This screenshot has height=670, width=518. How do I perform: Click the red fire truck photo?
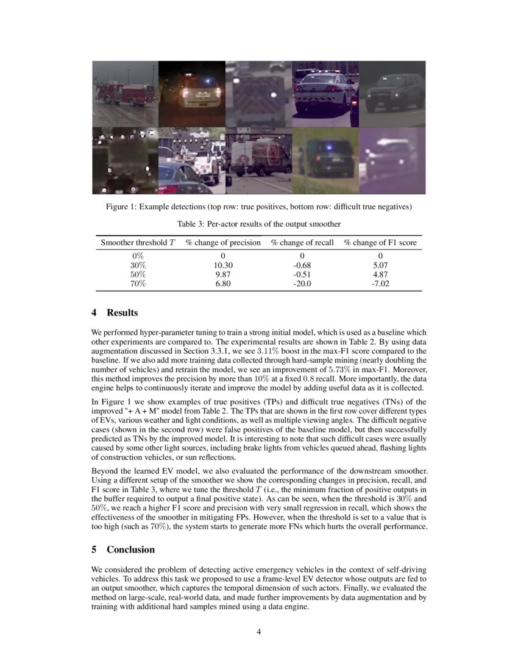click(x=125, y=93)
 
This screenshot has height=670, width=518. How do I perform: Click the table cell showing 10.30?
click(x=223, y=266)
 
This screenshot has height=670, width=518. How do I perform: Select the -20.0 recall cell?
click(x=302, y=283)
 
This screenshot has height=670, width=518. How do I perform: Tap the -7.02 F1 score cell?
click(x=380, y=283)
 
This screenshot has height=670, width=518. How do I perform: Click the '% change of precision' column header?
click(x=223, y=242)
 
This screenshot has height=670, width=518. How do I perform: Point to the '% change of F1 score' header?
click(x=380, y=242)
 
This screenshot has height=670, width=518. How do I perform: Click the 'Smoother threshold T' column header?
click(x=138, y=242)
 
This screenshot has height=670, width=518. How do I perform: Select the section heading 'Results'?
click(x=122, y=312)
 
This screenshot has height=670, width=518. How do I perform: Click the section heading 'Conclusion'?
click(x=130, y=549)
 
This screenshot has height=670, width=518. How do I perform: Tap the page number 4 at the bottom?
click(x=259, y=631)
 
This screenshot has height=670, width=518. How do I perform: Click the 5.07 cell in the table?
click(x=380, y=266)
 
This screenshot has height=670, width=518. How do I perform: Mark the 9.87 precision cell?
click(x=223, y=275)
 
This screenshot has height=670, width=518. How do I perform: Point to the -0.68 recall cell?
click(x=302, y=266)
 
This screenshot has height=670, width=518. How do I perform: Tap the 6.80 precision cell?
click(x=223, y=283)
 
